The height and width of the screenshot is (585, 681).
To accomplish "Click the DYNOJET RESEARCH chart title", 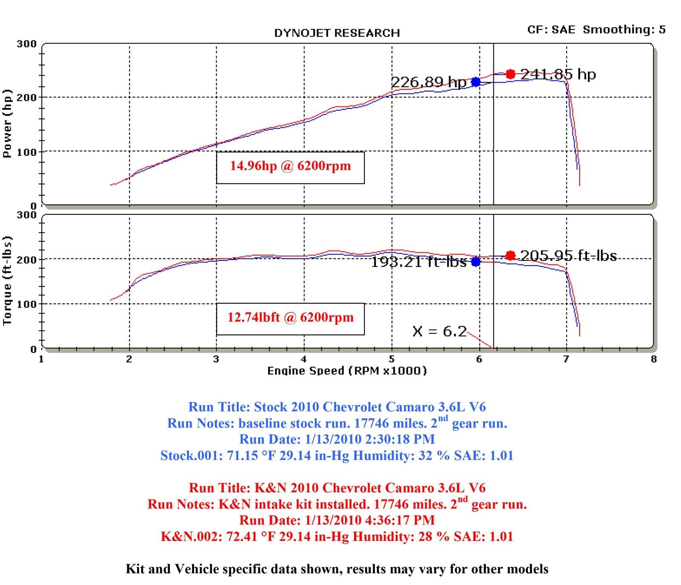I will pyautogui.click(x=337, y=33).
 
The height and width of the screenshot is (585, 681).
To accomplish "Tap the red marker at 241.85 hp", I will pyautogui.click(x=510, y=74).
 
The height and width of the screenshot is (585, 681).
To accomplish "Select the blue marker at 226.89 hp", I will pyautogui.click(x=476, y=82).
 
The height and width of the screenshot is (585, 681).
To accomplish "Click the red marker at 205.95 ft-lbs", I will pyautogui.click(x=510, y=255).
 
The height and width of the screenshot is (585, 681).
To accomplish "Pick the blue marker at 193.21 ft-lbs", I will pyautogui.click(x=476, y=262).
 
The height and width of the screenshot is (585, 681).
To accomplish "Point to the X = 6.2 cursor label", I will pyautogui.click(x=439, y=331).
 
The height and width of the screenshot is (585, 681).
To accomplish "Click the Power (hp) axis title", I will pyautogui.click(x=7, y=124).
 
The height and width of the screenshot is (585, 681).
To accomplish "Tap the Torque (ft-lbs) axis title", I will pyautogui.click(x=7, y=281).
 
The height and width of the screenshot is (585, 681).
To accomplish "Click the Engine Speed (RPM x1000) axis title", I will pyautogui.click(x=347, y=371).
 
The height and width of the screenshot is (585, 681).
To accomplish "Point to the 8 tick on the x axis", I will pyautogui.click(x=654, y=359).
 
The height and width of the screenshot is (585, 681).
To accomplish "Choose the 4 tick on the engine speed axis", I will pyautogui.click(x=304, y=359).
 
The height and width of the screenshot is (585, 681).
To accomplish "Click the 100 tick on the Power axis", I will pyautogui.click(x=26, y=152).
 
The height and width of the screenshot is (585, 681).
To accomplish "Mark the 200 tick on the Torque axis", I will pyautogui.click(x=26, y=260).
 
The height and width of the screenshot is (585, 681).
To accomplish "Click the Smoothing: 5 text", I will pyautogui.click(x=624, y=30).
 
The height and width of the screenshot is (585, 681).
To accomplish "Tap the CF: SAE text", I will pyautogui.click(x=551, y=30).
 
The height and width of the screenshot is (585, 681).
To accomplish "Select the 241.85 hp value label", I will pyautogui.click(x=558, y=75).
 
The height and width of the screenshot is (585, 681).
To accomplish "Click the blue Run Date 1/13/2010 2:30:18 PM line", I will pyautogui.click(x=337, y=439).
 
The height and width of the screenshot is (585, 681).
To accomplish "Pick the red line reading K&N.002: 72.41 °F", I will pyautogui.click(x=337, y=536).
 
